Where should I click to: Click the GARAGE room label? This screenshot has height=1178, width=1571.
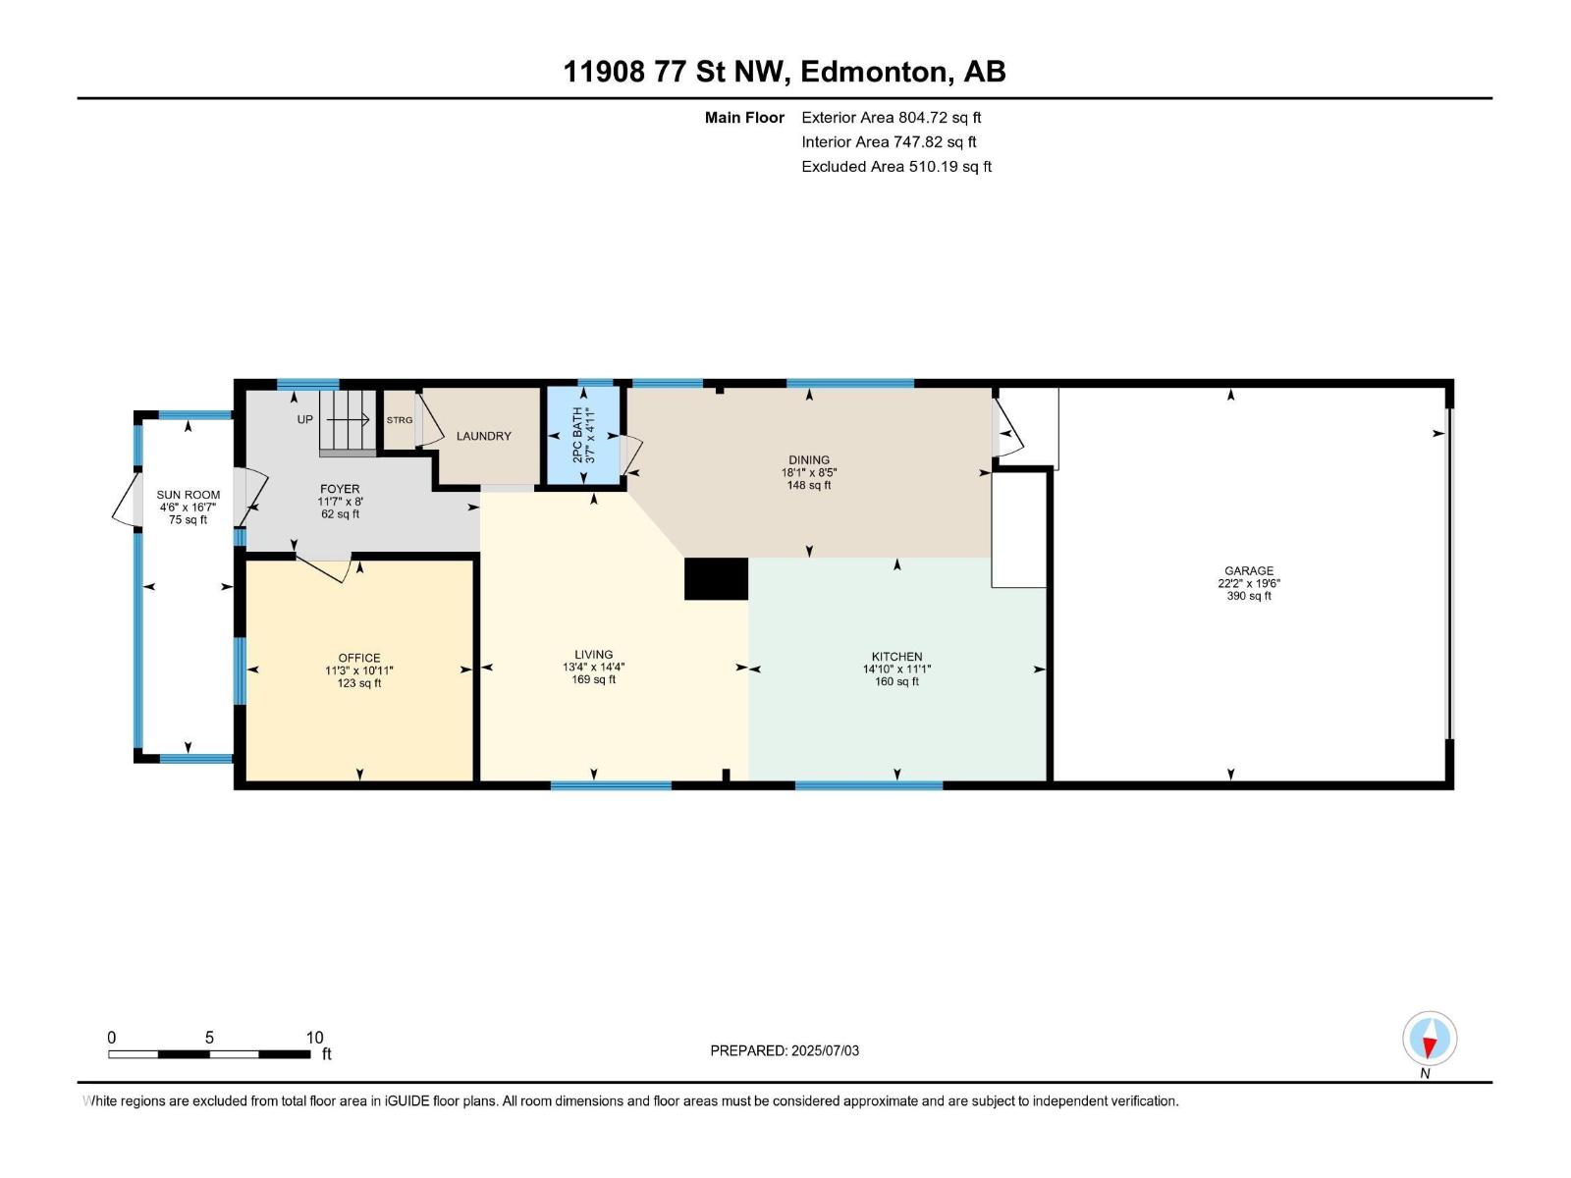point(1248,570)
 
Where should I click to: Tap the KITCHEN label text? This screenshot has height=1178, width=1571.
point(896,657)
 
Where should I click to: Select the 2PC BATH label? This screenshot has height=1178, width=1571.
point(577,435)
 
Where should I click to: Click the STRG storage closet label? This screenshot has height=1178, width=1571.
point(400,420)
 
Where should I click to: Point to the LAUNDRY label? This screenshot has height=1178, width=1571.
point(484,436)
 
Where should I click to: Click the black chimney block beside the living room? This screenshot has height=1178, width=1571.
point(717,578)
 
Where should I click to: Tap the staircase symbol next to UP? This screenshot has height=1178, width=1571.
point(348,423)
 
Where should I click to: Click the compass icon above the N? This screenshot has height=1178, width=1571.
point(1430,1038)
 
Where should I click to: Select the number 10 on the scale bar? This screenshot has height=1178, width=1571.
point(315,1037)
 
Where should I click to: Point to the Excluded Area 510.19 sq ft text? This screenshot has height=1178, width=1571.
point(896,167)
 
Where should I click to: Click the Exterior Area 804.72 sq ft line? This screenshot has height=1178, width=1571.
point(892,117)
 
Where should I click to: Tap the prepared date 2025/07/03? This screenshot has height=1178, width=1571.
point(825,1050)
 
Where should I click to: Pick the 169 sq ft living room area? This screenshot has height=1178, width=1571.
point(593,679)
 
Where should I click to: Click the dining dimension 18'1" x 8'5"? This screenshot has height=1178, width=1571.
point(809,473)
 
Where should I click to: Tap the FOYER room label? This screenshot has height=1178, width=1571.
point(340,489)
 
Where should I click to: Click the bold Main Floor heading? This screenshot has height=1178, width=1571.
point(744,117)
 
